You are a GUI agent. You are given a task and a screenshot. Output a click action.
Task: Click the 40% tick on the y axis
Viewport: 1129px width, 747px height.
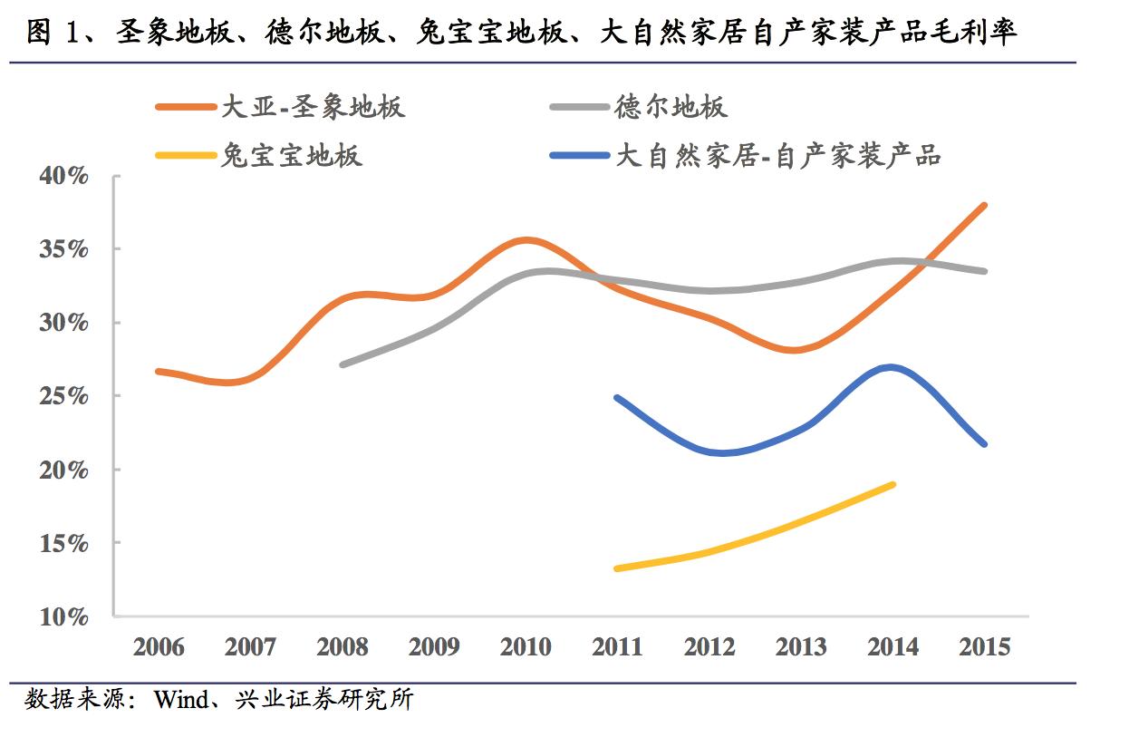point(63,177)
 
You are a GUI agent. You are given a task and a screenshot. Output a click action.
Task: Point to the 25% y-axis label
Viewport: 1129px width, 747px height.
point(63,396)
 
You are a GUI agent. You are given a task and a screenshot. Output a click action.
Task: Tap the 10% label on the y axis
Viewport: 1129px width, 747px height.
point(63,617)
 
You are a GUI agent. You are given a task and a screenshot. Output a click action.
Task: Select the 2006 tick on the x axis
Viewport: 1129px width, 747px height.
point(159,647)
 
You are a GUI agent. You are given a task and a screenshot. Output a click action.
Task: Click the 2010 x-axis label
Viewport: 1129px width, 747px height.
point(526,647)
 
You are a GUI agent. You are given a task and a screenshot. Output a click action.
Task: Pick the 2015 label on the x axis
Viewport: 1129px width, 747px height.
point(984,647)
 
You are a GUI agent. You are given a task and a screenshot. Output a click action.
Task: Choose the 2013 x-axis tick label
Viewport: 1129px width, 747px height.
point(801,647)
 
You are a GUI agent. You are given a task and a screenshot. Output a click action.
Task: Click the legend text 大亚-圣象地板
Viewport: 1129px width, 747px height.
point(313,107)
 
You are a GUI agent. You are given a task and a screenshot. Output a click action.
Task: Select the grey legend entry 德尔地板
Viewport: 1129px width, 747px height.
point(671,107)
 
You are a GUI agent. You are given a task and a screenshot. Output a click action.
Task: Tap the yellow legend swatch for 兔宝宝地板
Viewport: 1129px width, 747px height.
point(186,155)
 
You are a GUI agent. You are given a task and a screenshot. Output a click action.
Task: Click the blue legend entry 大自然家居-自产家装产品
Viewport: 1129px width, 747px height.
point(778,155)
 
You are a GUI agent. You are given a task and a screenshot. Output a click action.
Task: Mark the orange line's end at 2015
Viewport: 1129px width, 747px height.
point(984,206)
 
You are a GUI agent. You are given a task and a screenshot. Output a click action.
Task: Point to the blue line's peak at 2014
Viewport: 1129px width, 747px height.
point(892,367)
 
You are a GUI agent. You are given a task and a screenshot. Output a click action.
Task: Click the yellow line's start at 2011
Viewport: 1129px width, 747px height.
point(617,568)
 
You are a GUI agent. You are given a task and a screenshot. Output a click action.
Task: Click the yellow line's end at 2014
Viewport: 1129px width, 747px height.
point(893,484)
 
